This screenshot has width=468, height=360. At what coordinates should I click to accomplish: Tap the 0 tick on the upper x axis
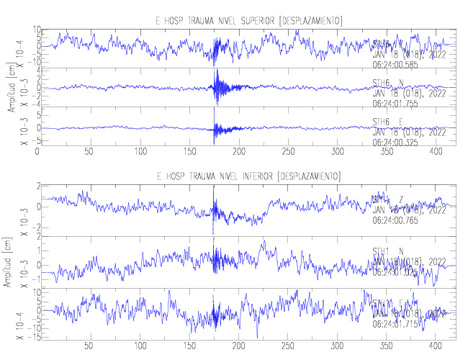click(37, 152)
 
